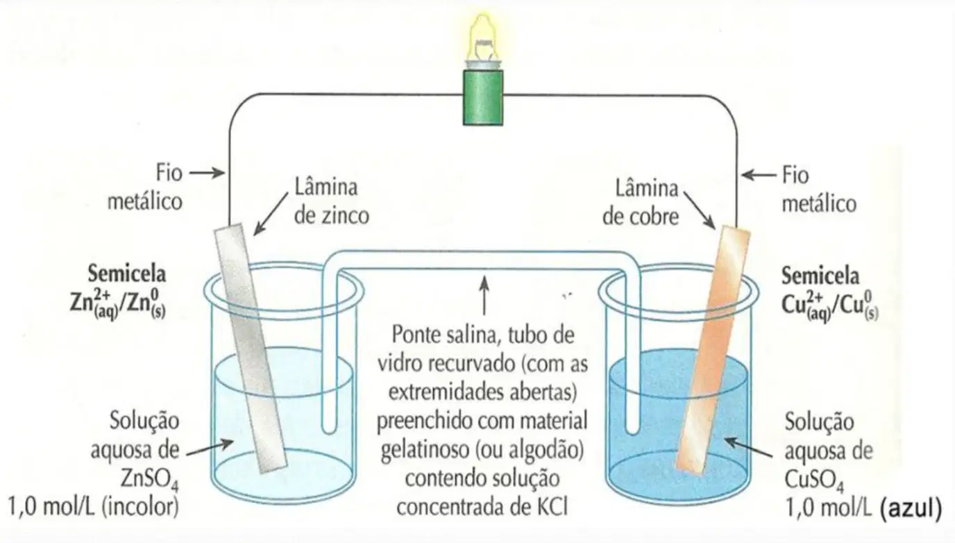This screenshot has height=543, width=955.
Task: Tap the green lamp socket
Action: (483, 97)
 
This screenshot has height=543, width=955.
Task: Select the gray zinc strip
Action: (250, 348)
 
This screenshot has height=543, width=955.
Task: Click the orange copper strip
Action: (713, 350)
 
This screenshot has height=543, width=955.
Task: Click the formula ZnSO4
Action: (150, 479)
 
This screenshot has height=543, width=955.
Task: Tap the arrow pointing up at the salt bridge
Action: (484, 296)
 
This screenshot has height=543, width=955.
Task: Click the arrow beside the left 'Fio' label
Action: (208, 173)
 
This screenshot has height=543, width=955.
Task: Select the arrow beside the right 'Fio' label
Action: (759, 175)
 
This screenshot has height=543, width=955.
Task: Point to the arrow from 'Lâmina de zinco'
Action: (271, 214)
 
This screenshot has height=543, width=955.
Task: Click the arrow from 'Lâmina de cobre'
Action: (700, 210)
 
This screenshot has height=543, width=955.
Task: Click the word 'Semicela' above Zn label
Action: (127, 274)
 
